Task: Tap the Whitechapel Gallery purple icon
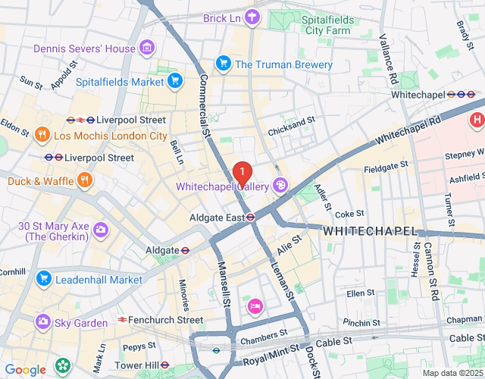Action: point(280,185)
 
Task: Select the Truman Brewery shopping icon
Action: point(223,64)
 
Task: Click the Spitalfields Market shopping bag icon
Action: point(174,81)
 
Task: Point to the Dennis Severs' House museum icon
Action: point(147,49)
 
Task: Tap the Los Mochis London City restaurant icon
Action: point(42,136)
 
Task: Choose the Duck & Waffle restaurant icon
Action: point(84,181)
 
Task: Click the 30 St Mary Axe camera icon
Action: point(100,230)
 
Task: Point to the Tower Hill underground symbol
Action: point(165,365)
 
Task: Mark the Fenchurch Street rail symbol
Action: point(122,320)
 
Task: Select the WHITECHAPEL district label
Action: point(370,230)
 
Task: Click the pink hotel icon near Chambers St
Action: point(254,305)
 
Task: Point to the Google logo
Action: point(25,370)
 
